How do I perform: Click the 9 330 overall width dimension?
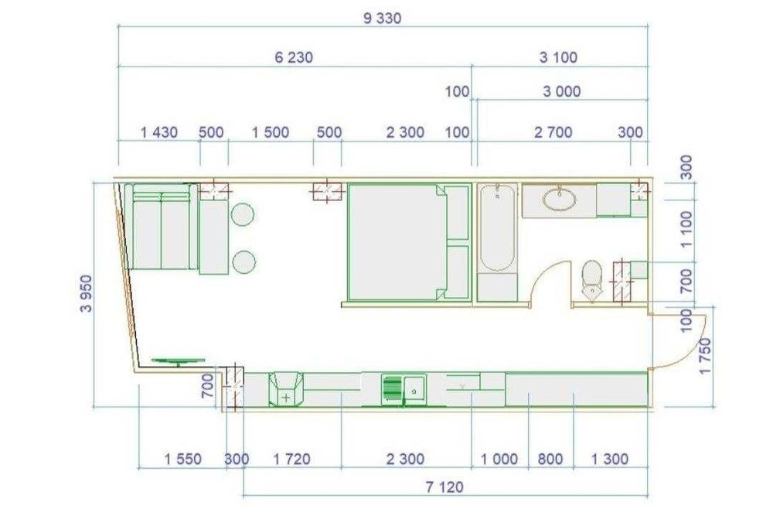[x=382, y=19]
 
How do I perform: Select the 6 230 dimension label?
[x=294, y=58]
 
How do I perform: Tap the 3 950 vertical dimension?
[x=86, y=294]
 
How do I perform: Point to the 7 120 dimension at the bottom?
[x=444, y=487]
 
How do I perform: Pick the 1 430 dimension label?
[x=159, y=132]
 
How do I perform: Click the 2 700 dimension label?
[x=553, y=132]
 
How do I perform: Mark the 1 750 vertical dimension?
[x=706, y=356]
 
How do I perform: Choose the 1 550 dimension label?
[x=183, y=459]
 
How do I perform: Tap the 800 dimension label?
[x=550, y=459]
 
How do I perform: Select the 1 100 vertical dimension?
[x=686, y=229]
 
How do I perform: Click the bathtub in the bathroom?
[x=498, y=228]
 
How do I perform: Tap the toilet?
[x=591, y=280]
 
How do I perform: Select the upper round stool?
[x=242, y=214]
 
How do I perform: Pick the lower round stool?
[x=243, y=261]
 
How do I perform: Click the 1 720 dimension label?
[x=292, y=459]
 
